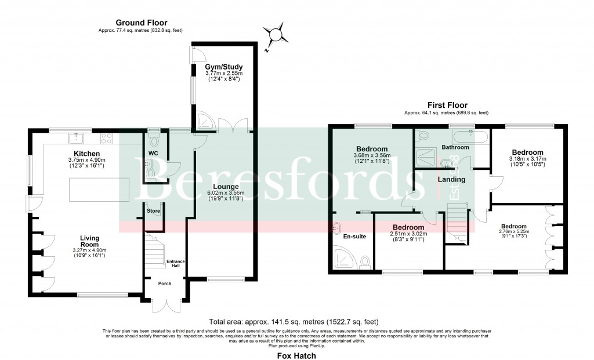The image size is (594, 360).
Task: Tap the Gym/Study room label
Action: click(219, 67)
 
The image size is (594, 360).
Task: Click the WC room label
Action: click(153, 154)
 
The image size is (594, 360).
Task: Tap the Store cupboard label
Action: click(153, 211)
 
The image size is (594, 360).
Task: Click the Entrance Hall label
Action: click(176, 264)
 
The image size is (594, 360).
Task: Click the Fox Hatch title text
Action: click(296, 356)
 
